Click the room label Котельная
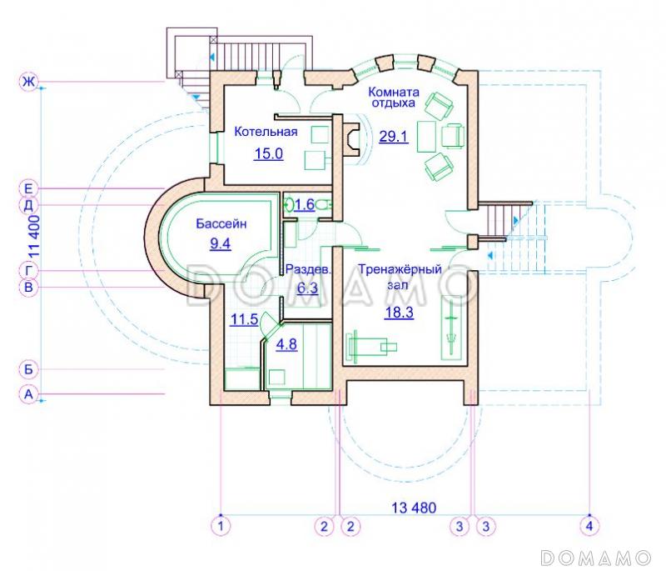[x=266, y=132]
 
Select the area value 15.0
[x=268, y=153]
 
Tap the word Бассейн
[x=221, y=223]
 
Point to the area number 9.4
[x=221, y=243]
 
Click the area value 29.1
[x=393, y=137]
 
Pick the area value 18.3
[x=399, y=313]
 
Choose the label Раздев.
[x=308, y=269]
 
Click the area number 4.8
[x=286, y=344]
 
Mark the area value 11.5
[x=244, y=319]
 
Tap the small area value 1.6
[x=304, y=204]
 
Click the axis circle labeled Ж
[x=28, y=81]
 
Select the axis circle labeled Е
[x=28, y=188]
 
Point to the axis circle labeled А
[x=28, y=394]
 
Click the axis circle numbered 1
[x=221, y=526]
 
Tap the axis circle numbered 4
[x=589, y=526]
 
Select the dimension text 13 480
[x=414, y=507]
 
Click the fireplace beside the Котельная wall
[x=351, y=141]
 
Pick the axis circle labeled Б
[x=28, y=369]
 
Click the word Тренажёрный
[x=400, y=269]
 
